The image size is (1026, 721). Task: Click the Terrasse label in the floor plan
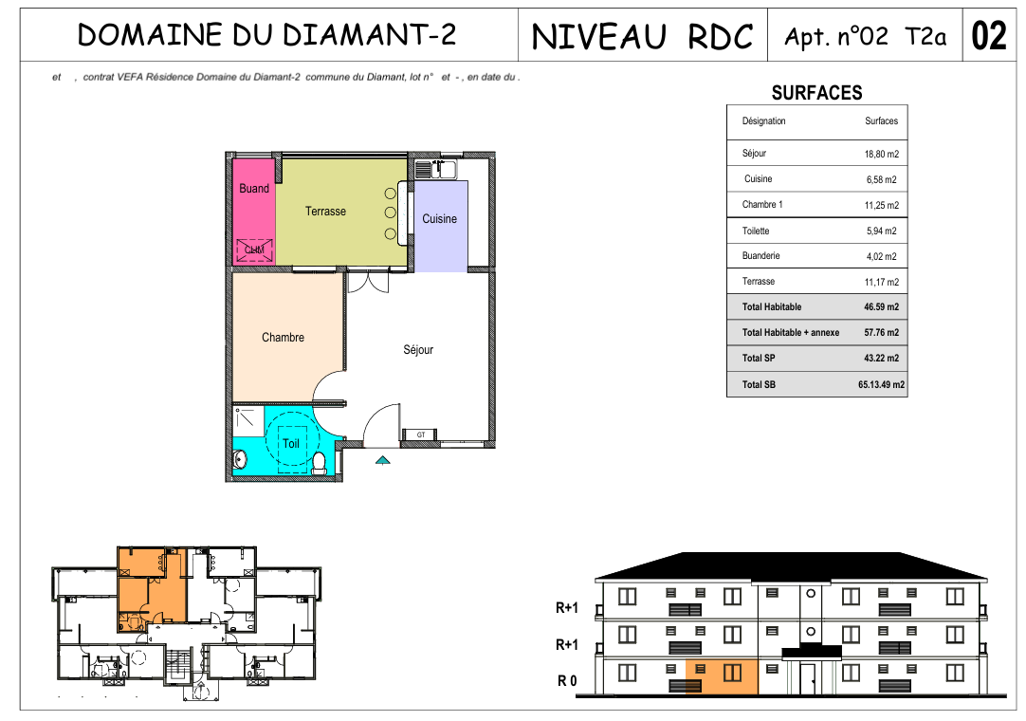pos(325,211)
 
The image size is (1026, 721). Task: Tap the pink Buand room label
pos(254,189)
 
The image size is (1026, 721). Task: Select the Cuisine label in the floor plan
pos(439,219)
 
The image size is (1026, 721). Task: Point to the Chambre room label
pos(283,337)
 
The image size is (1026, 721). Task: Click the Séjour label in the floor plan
pos(418,350)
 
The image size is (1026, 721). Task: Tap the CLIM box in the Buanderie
pos(254,250)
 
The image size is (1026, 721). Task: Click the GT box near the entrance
pos(421,434)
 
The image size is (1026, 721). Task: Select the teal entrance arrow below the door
pos(383,460)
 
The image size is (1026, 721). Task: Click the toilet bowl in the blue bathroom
pos(320,462)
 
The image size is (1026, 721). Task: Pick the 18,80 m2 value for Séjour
pos(881,154)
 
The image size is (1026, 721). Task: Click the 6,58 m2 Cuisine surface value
pos(881,179)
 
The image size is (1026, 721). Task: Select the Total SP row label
pos(759,359)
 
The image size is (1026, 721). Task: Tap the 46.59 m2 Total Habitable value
pos(881,306)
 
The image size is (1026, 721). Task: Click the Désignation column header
pos(763,121)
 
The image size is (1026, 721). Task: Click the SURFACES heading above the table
pos(816,93)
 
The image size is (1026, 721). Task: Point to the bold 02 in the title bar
pos(989,35)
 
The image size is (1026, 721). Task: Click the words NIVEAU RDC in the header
pos(642,37)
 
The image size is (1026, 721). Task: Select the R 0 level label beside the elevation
pos(567,681)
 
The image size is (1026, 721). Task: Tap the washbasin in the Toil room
pos(240,460)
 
